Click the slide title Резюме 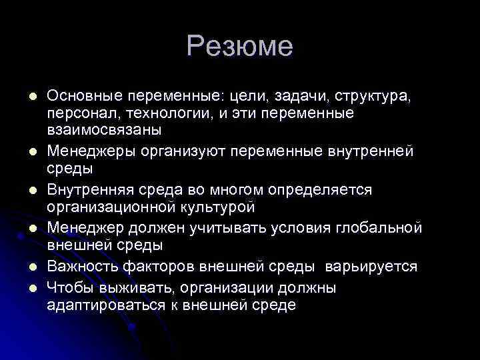point(240,46)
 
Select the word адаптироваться point(102,305)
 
